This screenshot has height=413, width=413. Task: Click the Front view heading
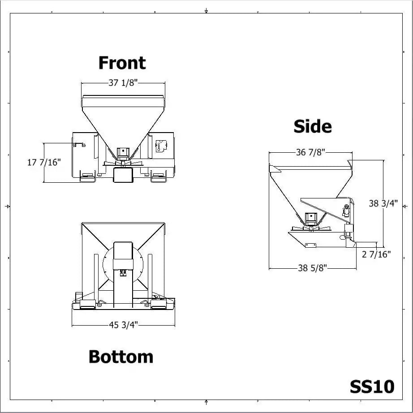tap(122, 63)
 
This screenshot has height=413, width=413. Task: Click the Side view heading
tap(313, 126)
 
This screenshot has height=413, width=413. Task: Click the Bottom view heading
tap(121, 357)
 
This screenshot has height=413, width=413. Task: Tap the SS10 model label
tap(372, 387)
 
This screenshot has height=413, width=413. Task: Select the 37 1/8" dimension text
tap(123, 83)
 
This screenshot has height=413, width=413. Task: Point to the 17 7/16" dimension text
tap(44, 162)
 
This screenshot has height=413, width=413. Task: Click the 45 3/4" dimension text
tap(124, 325)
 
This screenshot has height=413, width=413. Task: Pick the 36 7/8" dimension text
tap(310, 152)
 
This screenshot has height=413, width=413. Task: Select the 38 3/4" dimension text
tap(383, 203)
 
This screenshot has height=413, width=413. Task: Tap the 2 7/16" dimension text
tap(376, 254)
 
